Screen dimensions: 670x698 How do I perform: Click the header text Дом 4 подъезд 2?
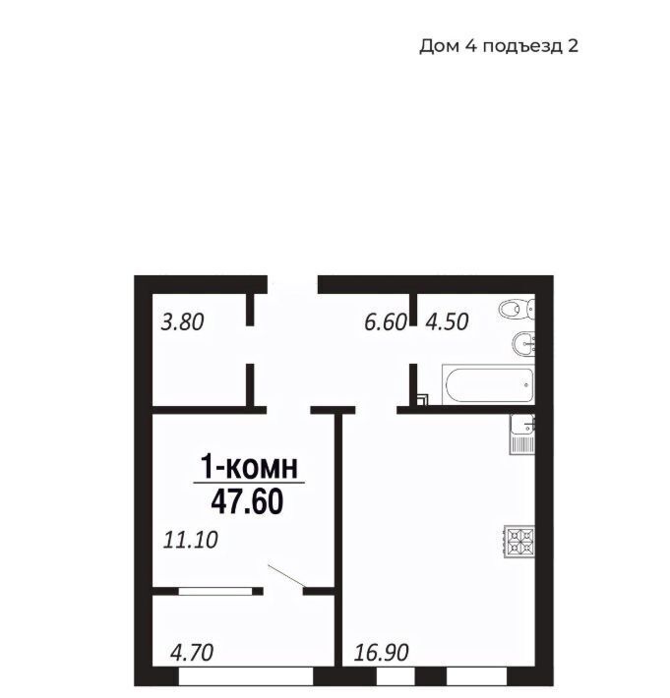[499, 46]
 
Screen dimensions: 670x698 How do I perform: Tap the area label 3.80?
[182, 322]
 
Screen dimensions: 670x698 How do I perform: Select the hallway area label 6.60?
[386, 322]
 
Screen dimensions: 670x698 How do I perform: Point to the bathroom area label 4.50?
[447, 322]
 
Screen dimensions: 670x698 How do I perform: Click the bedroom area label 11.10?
[191, 540]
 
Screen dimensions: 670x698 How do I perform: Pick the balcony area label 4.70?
[192, 653]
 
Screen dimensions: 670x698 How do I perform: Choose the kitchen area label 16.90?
[382, 653]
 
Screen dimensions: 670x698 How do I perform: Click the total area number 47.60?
[247, 502]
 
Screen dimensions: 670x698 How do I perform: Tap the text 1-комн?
[249, 466]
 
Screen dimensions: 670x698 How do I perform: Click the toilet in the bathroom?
[517, 309]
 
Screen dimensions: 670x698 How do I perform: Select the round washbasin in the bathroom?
[523, 344]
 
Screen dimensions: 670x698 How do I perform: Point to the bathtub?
[488, 384]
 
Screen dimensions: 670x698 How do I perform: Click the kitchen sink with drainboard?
[522, 434]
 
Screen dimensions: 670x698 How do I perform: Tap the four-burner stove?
[519, 542]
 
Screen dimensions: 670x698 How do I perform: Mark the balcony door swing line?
[286, 576]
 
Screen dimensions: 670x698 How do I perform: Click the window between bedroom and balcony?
[215, 591]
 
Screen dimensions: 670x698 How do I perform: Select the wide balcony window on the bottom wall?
[246, 675]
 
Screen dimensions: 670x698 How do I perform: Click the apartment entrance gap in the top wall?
[292, 284]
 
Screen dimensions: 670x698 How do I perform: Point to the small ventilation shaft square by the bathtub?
[422, 400]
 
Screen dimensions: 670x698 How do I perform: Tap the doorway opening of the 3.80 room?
[250, 344]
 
